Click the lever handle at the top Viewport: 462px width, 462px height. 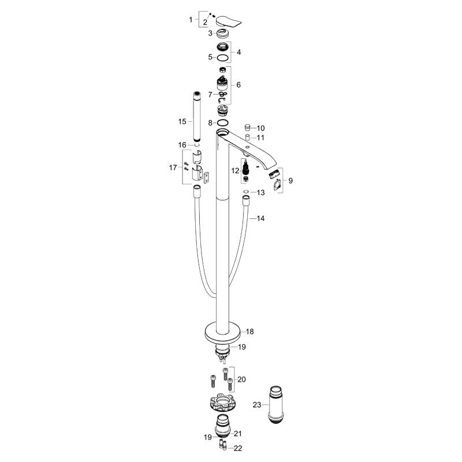tap(229, 22)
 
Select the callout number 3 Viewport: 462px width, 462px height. tap(210, 33)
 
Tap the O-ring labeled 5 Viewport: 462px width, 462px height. tap(223, 58)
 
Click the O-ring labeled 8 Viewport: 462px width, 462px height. tap(223, 122)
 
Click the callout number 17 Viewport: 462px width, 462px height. tap(173, 167)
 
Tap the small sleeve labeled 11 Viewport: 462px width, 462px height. tap(248, 137)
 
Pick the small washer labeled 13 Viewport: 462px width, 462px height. tap(246, 192)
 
